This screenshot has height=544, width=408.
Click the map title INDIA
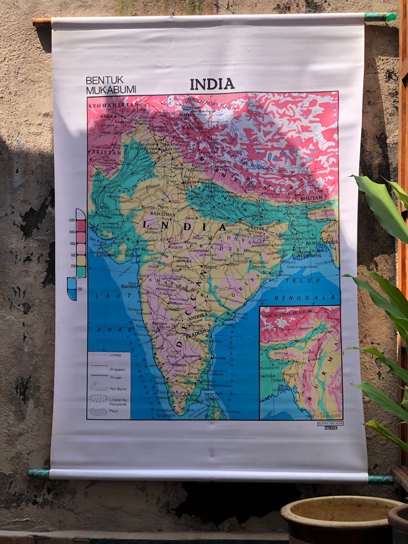click(212, 84)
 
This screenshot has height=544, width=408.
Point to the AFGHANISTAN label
click(113, 104)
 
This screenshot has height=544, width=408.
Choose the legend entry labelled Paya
click(114, 411)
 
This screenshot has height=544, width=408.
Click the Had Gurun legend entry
click(116, 387)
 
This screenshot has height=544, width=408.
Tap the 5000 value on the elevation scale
click(72, 221)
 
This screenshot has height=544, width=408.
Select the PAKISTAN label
click(104, 151)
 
